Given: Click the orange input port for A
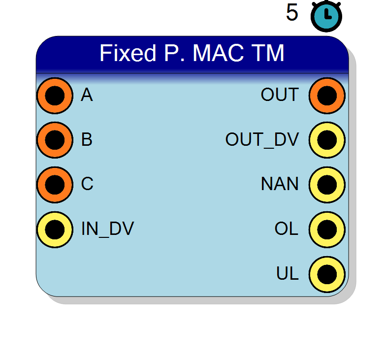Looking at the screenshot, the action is (x=55, y=96).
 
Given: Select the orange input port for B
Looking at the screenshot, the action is (x=55, y=140).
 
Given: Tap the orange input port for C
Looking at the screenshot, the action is (x=55, y=185).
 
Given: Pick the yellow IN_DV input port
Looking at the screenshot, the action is (x=55, y=229).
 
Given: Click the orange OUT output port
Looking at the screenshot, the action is (x=327, y=96).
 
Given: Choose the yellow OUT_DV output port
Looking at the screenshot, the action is (x=327, y=140).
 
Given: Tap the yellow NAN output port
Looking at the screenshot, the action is (x=327, y=185).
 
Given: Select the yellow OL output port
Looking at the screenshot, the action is (x=327, y=229).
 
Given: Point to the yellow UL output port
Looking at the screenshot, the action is (x=327, y=274).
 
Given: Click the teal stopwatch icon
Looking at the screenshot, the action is (x=326, y=16).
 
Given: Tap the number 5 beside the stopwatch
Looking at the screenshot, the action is (x=292, y=12).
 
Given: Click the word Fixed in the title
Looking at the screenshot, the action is (x=128, y=53).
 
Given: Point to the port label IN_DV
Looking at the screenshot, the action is (x=107, y=229).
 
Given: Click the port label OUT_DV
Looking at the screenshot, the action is (x=262, y=139).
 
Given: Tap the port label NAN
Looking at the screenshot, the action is (x=280, y=184).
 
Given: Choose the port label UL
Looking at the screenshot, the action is (x=288, y=273).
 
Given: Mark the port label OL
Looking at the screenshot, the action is (x=287, y=229).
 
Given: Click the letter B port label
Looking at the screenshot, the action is (x=87, y=139).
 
